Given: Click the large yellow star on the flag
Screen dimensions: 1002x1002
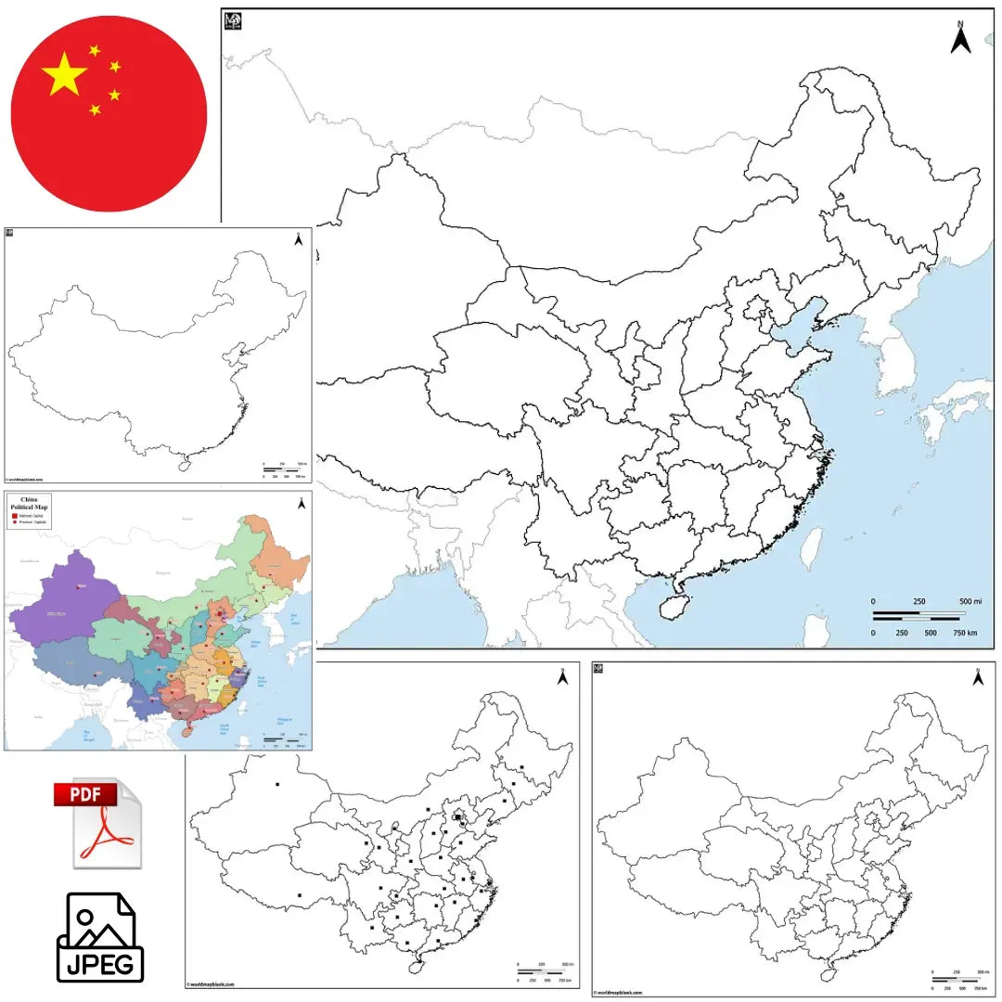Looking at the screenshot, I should (x=65, y=74).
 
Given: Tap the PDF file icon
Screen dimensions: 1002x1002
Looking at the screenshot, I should (x=98, y=822).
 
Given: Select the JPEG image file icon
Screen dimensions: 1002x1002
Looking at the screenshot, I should (x=100, y=937).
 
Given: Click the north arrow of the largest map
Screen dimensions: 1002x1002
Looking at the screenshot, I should (x=961, y=38).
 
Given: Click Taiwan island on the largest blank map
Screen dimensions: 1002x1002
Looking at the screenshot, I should (x=811, y=548).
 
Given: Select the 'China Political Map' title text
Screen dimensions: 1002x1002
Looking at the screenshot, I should (x=29, y=504).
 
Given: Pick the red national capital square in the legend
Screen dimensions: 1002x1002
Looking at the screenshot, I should (x=15, y=517).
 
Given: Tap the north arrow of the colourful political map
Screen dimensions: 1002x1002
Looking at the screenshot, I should (x=301, y=505).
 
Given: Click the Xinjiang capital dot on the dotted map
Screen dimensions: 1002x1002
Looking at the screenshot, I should (x=276, y=786).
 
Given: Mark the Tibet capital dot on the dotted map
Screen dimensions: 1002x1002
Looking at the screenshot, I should (x=299, y=894).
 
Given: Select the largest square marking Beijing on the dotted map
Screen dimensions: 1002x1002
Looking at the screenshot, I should (x=458, y=817).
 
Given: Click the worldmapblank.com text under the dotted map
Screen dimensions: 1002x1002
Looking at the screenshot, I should (x=212, y=983).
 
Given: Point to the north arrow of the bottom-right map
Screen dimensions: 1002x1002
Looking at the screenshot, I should (x=976, y=677).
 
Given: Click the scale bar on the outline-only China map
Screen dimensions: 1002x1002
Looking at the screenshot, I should (x=281, y=470).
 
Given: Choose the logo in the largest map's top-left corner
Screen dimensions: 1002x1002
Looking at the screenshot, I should (x=233, y=19).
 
